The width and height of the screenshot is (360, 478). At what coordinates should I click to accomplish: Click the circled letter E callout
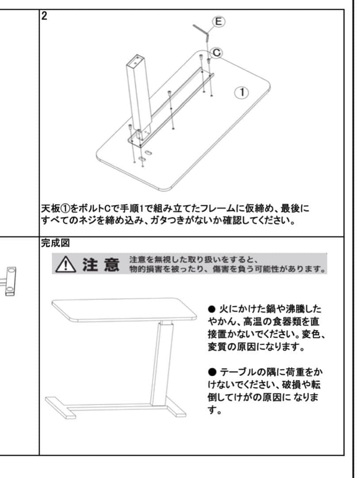218,21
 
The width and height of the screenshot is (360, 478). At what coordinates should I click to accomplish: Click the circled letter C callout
216,52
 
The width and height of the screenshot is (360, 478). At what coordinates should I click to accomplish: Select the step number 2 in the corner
44,16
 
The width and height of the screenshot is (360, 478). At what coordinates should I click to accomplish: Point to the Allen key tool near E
201,32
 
